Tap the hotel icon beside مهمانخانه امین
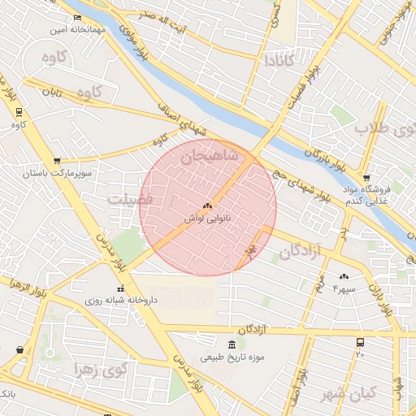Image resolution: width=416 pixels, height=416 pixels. coord(77,18)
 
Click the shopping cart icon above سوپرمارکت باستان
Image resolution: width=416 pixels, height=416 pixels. coord(56,162)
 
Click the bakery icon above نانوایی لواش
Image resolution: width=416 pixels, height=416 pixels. coord(207,206)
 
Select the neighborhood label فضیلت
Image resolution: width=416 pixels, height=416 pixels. coord(130,199)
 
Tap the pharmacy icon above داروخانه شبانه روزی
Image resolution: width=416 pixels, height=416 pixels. coord(121,288)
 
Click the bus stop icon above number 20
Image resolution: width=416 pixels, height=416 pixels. coord(360,342)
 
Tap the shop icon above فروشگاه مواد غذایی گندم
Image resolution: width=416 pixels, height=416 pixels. coord(366,177)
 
